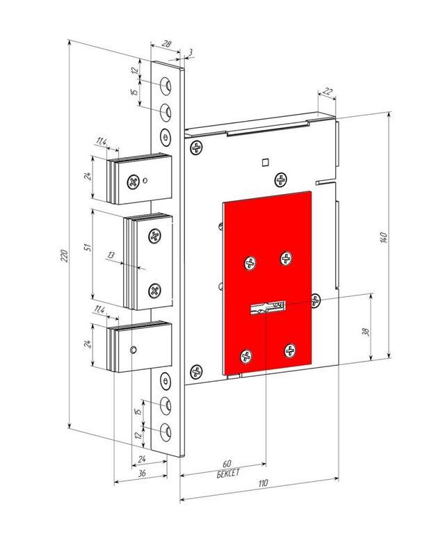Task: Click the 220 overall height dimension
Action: pos(65,256)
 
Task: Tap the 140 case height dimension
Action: pos(383,237)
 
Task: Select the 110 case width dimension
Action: pos(263,483)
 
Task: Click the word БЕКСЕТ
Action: pos(228,474)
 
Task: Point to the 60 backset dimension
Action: pos(227,464)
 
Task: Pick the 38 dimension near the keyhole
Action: pos(366,332)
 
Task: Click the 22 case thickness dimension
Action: pos(327,91)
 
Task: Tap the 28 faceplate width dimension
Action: pos(166,44)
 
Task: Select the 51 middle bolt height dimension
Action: pos(88,248)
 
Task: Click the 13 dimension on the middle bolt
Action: pos(111,254)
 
